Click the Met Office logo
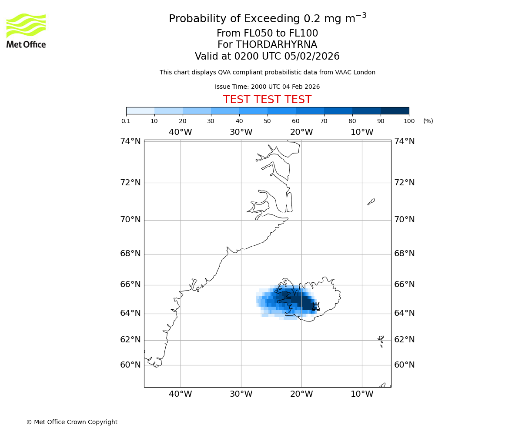(26, 30)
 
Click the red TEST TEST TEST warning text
(267, 100)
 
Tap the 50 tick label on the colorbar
(267, 121)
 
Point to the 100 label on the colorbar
(409, 121)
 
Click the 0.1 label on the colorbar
(126, 121)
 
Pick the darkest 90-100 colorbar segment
(395, 110)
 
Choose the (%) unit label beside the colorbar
(428, 121)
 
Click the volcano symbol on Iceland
(316, 306)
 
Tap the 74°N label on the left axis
(130, 141)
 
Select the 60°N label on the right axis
(405, 365)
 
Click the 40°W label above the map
(181, 132)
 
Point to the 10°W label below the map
(362, 394)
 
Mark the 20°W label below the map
(301, 394)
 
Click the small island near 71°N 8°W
(371, 201)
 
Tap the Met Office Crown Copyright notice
(72, 422)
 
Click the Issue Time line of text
(267, 87)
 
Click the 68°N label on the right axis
(405, 253)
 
